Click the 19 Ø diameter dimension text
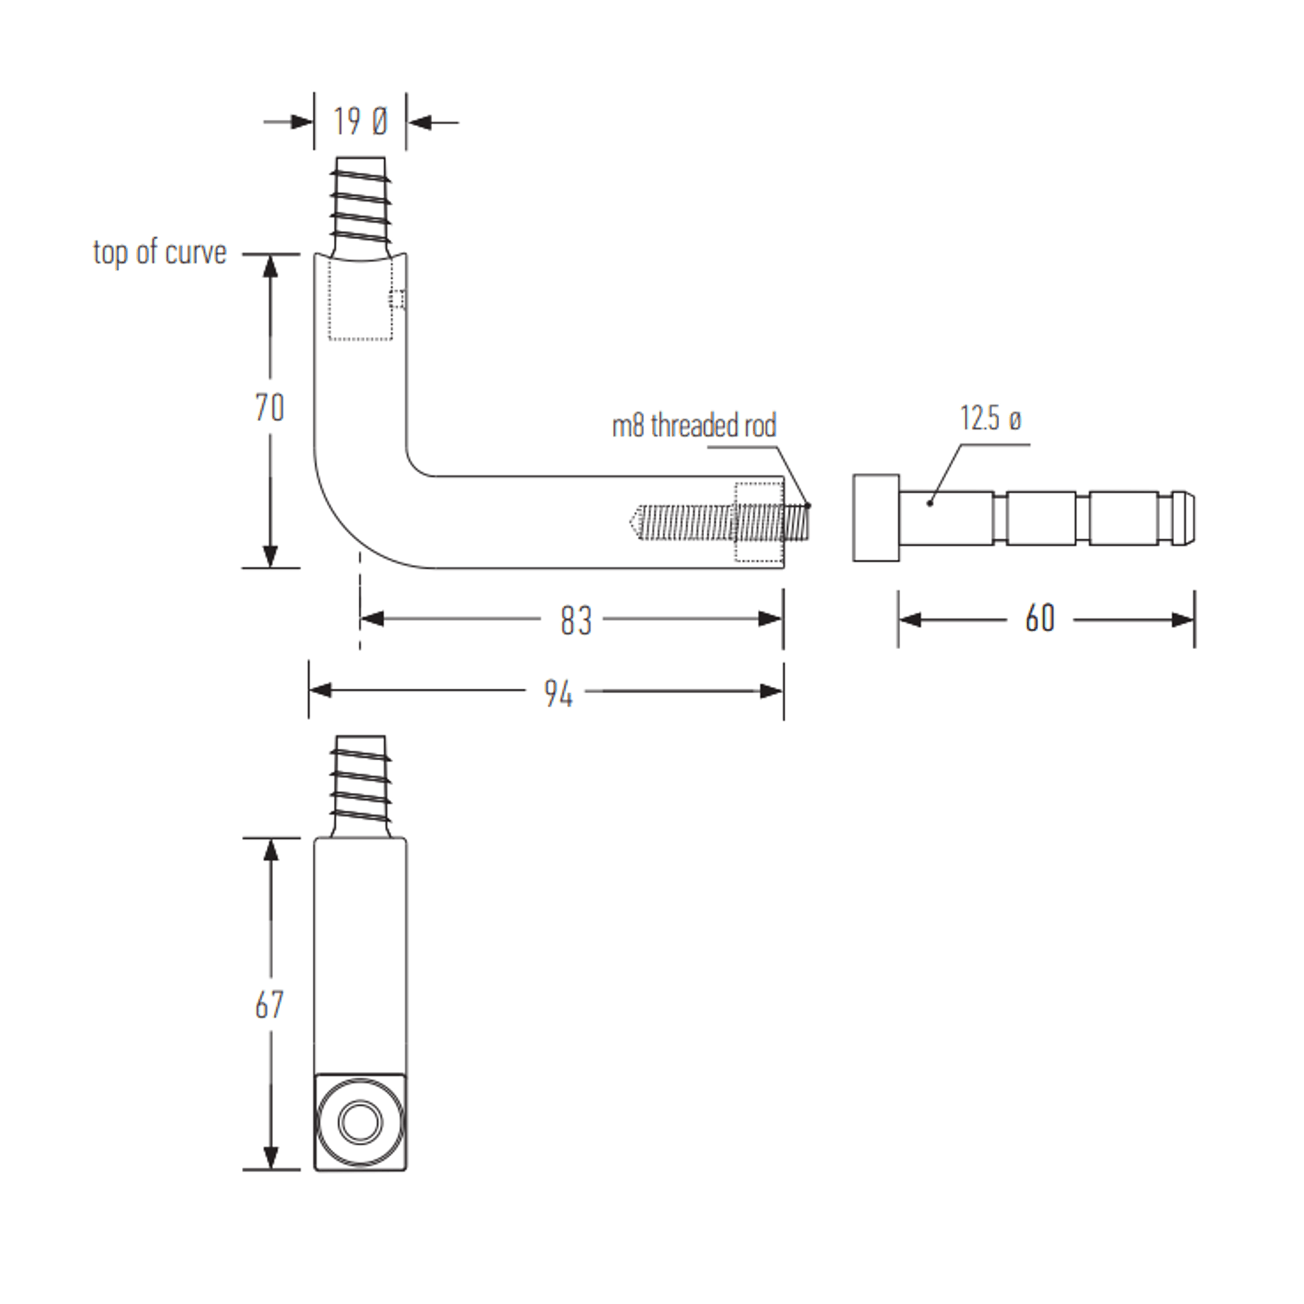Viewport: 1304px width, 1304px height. pos(360,121)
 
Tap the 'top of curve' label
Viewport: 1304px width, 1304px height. pos(159,252)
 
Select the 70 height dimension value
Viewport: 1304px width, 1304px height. pos(269,408)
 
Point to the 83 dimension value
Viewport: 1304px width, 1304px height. pos(576,620)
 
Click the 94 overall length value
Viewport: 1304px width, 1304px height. pos(558,692)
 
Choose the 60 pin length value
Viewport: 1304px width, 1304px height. pos(1039,619)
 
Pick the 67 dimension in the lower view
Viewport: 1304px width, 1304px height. pos(269,1004)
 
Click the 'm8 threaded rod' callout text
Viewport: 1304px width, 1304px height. pos(694,426)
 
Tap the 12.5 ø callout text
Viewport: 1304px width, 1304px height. pos(990,419)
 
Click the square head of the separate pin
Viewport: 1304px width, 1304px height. pos(876,517)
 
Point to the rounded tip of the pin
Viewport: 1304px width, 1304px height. pos(1184,517)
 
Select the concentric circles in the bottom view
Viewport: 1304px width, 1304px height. pos(360,1122)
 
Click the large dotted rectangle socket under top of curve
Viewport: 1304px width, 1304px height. pos(359,300)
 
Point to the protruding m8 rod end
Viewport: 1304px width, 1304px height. pos(797,521)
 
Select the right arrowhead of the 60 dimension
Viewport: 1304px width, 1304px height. pos(1183,620)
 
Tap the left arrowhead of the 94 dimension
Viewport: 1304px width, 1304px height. pos(320,691)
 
